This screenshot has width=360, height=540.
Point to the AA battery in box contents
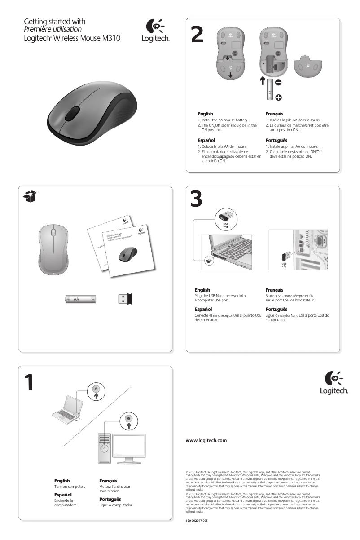(81, 299)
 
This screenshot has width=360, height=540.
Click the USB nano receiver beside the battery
(126, 299)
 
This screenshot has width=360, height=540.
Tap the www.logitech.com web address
(206, 440)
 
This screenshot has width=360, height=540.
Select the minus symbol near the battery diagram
(278, 83)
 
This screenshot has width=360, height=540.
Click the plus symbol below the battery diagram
(278, 97)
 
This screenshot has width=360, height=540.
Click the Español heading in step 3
(203, 310)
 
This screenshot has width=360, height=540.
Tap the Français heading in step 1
(108, 481)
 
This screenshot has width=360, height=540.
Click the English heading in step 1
(62, 481)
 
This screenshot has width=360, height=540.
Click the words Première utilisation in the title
(53, 30)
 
